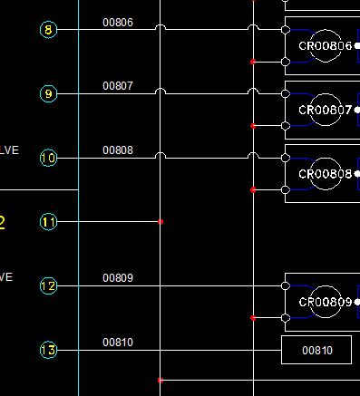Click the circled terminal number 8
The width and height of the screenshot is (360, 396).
(x=49, y=30)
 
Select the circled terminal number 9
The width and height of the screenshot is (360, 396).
(x=49, y=93)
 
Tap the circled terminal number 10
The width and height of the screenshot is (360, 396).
(x=49, y=158)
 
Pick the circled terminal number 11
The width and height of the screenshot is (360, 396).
(x=49, y=221)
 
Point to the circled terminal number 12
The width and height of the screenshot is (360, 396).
(x=49, y=285)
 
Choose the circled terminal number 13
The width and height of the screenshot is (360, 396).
(x=49, y=350)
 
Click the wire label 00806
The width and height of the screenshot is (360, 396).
(x=118, y=22)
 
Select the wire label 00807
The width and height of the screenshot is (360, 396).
(x=118, y=86)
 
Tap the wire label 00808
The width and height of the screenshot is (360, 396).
(x=118, y=150)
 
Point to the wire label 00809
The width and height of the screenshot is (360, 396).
(x=118, y=278)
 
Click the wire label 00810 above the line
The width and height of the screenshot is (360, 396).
(x=118, y=343)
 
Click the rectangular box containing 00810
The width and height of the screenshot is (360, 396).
(x=316, y=350)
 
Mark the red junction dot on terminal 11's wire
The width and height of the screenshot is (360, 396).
(x=161, y=221)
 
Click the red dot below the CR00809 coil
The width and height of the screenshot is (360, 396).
(x=253, y=318)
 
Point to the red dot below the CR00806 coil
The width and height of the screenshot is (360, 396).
(x=253, y=62)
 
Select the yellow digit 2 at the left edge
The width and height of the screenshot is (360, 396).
(x=3, y=222)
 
